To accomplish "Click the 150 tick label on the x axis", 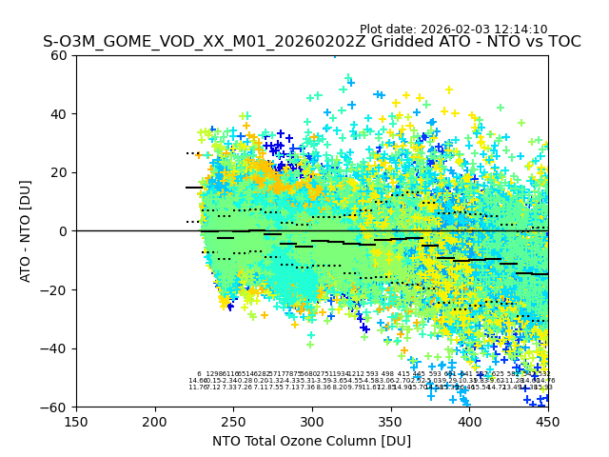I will click(x=76, y=422).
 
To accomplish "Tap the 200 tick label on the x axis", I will click(x=155, y=422).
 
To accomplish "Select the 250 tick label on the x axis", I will click(x=233, y=422).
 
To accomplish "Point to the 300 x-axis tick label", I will click(x=312, y=422).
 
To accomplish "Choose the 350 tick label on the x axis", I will click(x=391, y=422).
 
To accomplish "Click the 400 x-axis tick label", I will click(x=469, y=422).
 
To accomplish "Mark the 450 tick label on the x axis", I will click(x=548, y=422).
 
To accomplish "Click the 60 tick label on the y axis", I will click(x=59, y=55).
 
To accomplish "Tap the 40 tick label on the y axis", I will click(x=59, y=114).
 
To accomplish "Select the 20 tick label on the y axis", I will click(x=59, y=172).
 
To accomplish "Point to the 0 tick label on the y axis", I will click(x=63, y=231).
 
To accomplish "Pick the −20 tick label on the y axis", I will click(x=55, y=289).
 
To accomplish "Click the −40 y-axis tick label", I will click(x=55, y=348).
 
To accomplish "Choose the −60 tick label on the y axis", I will click(x=55, y=407).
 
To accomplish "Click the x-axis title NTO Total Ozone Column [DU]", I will click(x=312, y=441).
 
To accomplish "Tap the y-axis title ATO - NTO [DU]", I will click(x=26, y=231).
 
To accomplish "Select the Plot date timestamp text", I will click(x=453, y=30).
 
